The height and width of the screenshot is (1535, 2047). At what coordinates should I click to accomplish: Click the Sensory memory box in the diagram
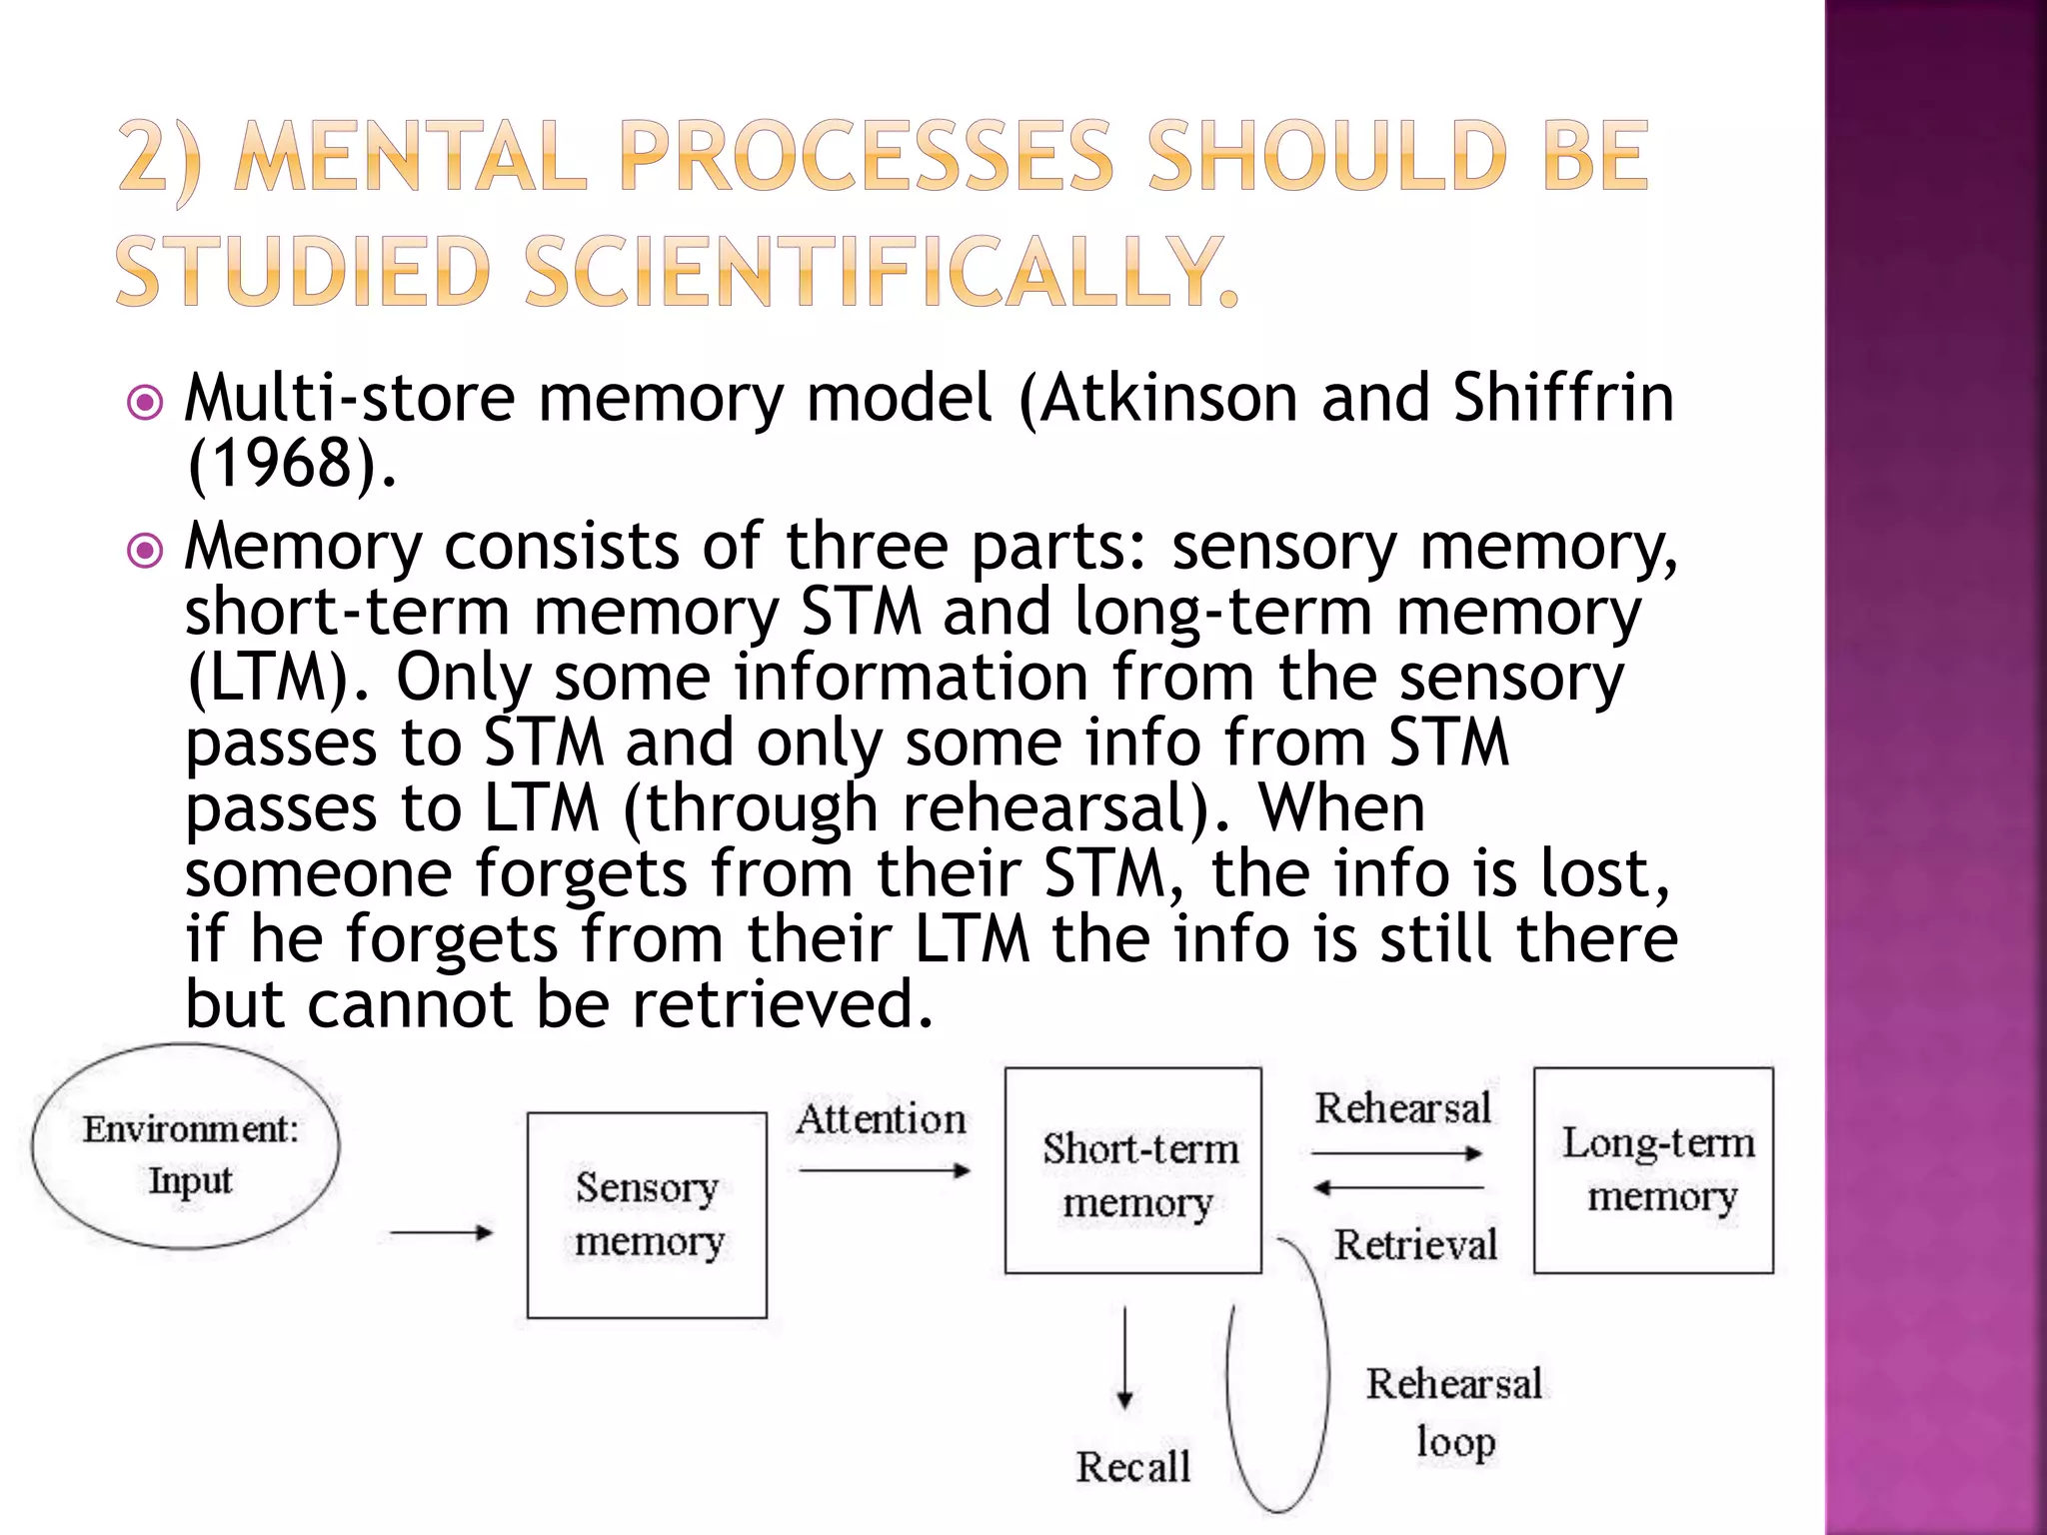647,1214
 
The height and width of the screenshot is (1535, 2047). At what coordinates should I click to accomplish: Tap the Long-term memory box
1653,1169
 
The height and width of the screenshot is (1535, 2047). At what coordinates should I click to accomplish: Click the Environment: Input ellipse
186,1147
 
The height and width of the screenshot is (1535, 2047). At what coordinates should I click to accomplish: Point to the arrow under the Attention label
885,1170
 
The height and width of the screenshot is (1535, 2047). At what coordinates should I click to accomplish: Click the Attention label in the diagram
881,1119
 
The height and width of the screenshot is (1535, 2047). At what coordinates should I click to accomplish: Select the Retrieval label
1415,1245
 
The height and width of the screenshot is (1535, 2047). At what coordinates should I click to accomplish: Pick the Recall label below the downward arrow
1132,1467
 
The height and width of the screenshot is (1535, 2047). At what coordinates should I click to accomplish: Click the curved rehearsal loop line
1327,1379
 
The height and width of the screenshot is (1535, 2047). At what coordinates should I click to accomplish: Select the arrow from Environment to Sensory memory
441,1232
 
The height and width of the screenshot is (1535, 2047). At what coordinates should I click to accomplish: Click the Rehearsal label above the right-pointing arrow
1401,1108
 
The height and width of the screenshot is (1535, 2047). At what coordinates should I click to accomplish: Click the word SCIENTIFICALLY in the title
880,272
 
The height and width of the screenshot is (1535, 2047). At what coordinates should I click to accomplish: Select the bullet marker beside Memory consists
146,550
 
